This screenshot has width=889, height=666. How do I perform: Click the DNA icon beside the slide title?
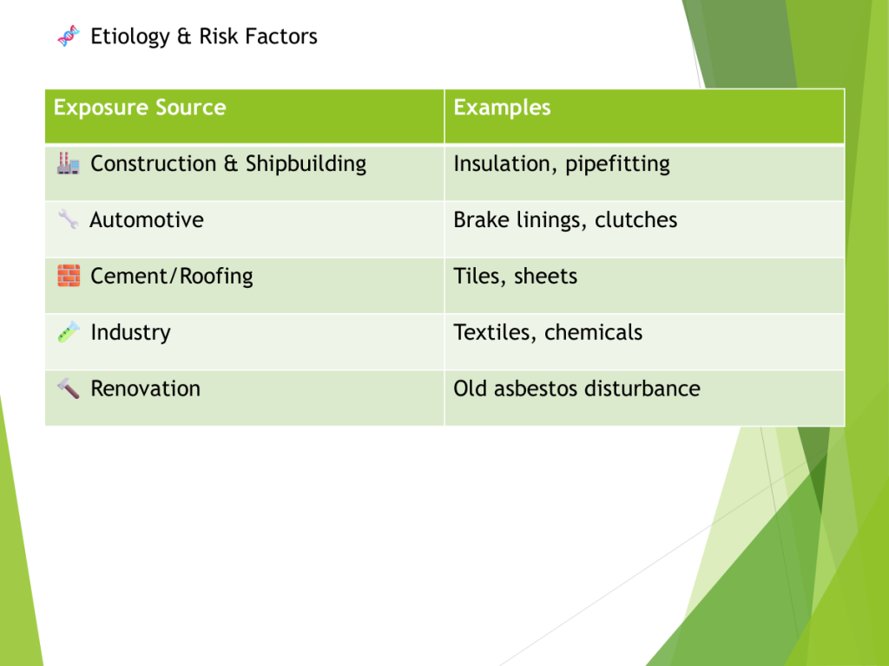(69, 36)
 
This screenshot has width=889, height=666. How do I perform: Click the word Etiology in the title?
(130, 36)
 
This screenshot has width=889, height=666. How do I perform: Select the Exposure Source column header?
(140, 108)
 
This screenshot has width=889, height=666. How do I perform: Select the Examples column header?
(502, 108)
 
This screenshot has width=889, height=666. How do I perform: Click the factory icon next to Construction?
(68, 163)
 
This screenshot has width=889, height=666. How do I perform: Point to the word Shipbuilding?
(306, 164)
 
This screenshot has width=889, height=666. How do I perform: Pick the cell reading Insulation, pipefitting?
(562, 164)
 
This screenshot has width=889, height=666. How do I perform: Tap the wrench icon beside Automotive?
(68, 219)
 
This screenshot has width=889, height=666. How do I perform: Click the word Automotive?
(147, 219)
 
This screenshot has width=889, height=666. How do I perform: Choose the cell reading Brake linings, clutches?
(565, 220)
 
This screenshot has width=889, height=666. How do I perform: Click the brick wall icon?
(69, 276)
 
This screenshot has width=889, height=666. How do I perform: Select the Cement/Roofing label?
(172, 277)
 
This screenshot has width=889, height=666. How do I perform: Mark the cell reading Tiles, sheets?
(516, 277)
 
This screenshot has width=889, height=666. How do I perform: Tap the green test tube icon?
(69, 332)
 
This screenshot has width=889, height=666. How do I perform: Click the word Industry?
(130, 333)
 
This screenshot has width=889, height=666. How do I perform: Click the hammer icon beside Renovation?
(68, 388)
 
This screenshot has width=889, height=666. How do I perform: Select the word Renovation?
(146, 388)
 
